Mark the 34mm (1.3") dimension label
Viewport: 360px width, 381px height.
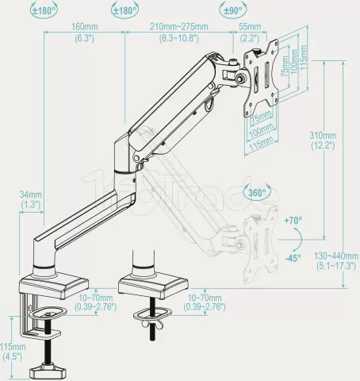(x=31, y=199)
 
